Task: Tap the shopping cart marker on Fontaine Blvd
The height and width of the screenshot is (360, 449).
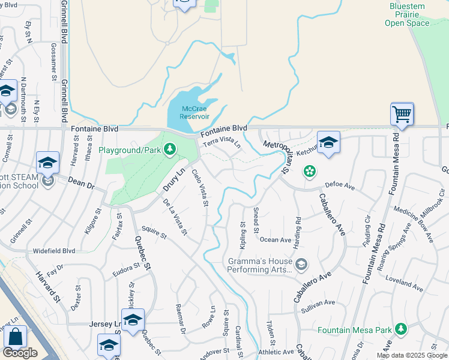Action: pyautogui.click(x=402, y=113)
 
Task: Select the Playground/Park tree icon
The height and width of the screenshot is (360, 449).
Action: pyautogui.click(x=170, y=149)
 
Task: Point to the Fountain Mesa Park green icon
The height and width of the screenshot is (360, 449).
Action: pyautogui.click(x=400, y=329)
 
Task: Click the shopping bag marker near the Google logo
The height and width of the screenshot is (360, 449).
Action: pyautogui.click(x=16, y=338)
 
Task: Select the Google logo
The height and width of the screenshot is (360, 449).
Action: pyautogui.click(x=20, y=353)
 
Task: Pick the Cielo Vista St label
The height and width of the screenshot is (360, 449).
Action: pyautogui.click(x=200, y=188)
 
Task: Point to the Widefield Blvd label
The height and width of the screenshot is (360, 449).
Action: pyautogui.click(x=54, y=250)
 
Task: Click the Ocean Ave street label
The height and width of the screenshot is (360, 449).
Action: pyautogui.click(x=276, y=239)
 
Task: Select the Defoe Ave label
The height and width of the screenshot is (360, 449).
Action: pyautogui.click(x=340, y=185)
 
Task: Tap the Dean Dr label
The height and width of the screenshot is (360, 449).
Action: pyautogui.click(x=81, y=183)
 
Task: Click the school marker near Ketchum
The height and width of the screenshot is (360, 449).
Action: pyautogui.click(x=328, y=143)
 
